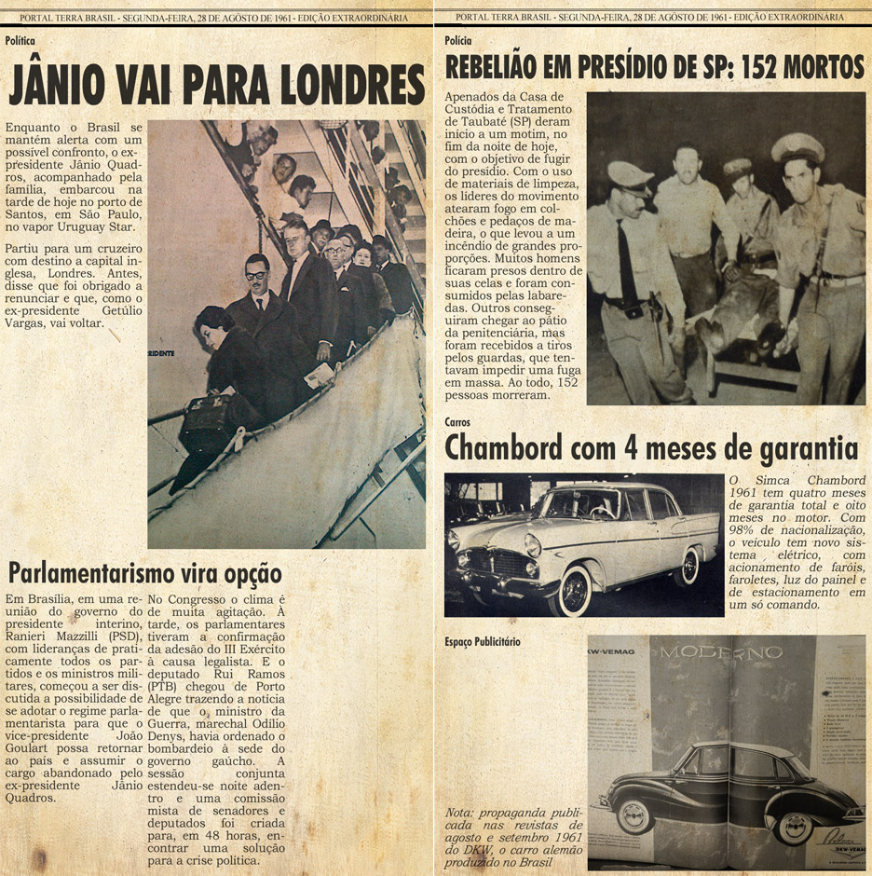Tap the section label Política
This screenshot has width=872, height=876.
[21, 41]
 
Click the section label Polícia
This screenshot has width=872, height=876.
[458, 41]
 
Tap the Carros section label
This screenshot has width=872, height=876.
[457, 422]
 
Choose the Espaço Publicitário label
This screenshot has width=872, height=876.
[483, 642]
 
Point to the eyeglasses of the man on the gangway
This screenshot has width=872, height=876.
[257, 276]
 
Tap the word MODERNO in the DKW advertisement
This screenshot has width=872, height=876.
[721, 652]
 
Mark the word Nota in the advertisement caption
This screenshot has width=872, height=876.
[459, 813]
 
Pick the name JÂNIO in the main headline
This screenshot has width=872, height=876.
[56, 87]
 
